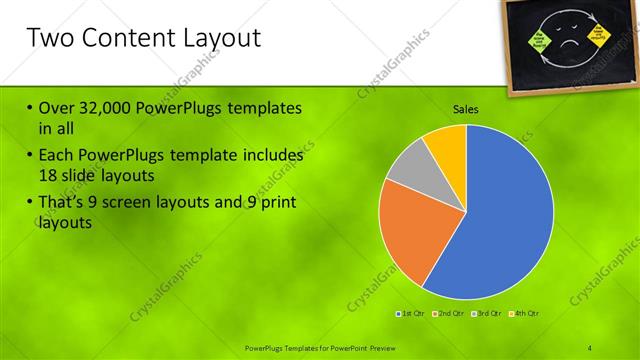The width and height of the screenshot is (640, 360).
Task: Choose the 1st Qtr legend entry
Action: point(410,314)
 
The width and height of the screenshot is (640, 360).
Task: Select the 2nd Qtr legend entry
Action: point(447,314)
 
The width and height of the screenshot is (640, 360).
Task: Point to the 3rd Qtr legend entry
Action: point(487,314)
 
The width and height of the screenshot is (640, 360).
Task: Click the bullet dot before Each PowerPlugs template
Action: point(30,156)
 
